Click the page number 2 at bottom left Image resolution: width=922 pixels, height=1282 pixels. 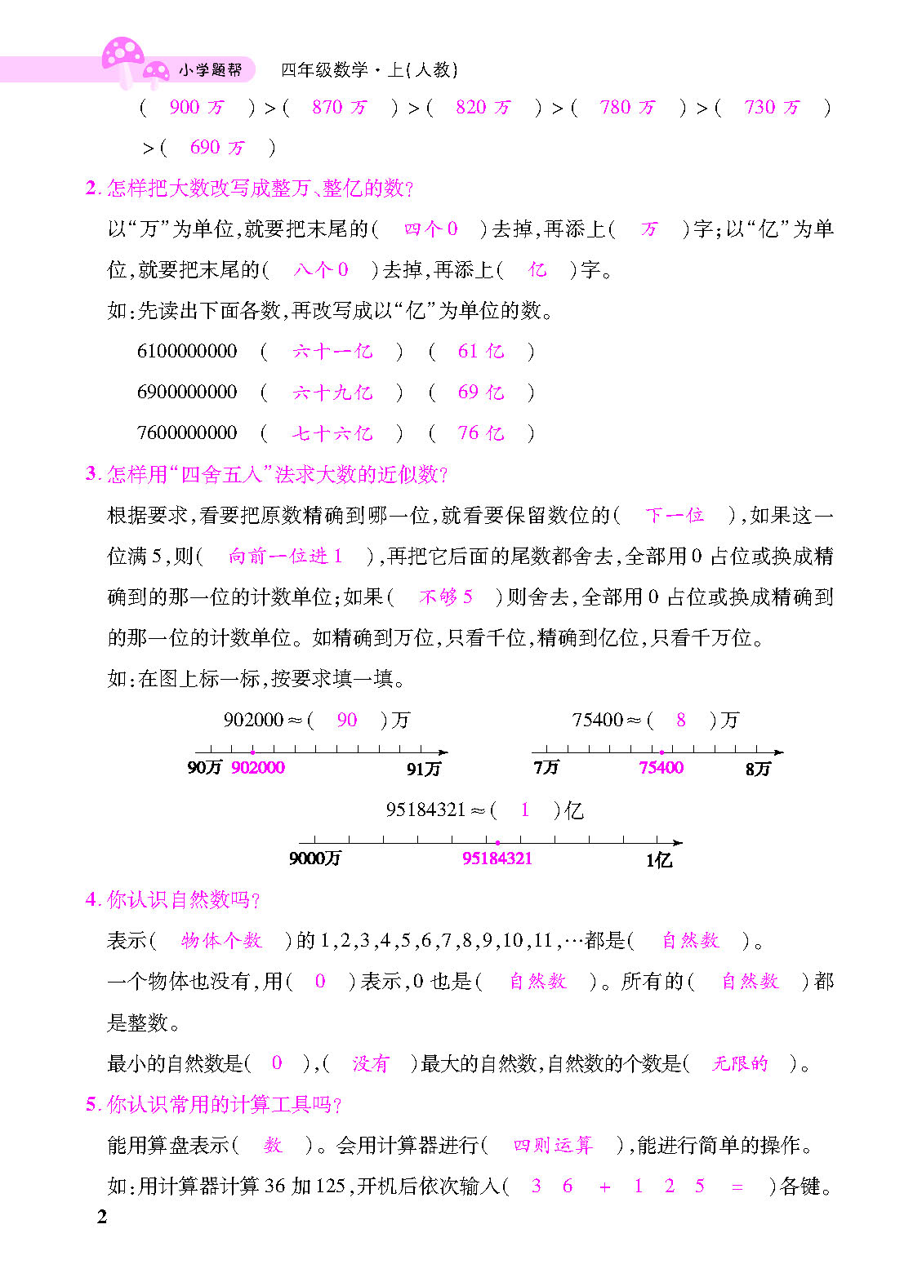[102, 1218]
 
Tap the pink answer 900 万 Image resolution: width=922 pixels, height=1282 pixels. [196, 107]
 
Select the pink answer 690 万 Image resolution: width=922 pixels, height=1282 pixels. [216, 148]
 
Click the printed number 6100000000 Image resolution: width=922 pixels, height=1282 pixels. [187, 352]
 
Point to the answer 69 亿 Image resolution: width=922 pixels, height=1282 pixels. [480, 393]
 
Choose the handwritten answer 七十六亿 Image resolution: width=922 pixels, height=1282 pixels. [332, 433]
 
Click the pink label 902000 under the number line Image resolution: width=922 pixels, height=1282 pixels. [258, 768]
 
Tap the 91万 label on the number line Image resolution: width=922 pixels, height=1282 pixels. [423, 769]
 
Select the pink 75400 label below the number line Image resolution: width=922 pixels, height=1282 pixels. [661, 768]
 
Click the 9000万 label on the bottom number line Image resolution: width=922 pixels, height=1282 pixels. [314, 858]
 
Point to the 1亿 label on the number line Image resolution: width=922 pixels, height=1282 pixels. [658, 860]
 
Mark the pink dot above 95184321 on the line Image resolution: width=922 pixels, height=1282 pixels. [497, 843]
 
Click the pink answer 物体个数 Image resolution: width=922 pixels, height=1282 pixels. [221, 941]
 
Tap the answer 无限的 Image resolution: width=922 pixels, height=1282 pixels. [740, 1063]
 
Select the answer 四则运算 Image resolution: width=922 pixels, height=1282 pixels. [552, 1146]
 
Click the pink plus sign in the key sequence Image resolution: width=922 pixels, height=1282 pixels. [604, 1187]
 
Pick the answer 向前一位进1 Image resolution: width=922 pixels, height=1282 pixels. [285, 557]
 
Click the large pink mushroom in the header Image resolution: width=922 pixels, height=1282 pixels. [122, 55]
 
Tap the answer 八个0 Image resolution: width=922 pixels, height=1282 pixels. [321, 270]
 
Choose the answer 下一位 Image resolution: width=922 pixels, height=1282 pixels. [675, 516]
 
